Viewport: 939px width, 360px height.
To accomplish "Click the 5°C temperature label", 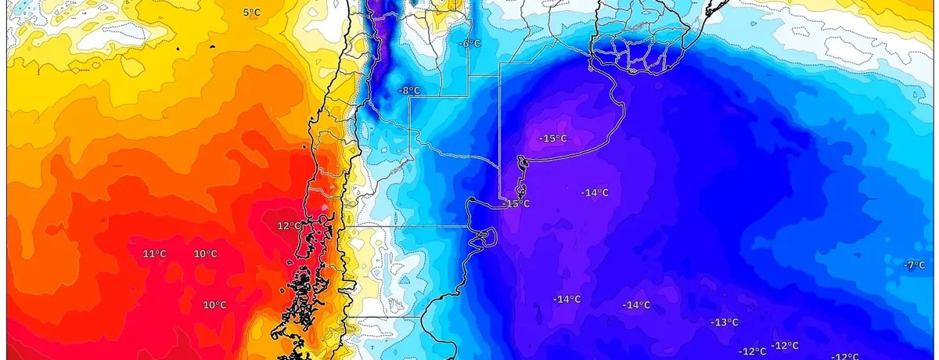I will point(251,13).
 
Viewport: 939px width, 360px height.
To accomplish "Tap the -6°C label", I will point(470,44).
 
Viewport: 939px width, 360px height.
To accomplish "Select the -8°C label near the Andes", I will point(408,91).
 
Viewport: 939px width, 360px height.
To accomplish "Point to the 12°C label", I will point(289,226).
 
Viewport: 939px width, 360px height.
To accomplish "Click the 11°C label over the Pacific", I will point(154,254).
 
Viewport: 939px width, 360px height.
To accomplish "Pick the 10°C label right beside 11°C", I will point(206,254).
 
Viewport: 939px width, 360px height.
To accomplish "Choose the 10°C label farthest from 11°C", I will point(215,305).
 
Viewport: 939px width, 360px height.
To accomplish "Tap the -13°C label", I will point(725,322).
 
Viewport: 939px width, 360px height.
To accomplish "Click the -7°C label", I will point(914,265).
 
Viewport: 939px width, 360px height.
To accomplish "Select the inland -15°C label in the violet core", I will point(552,139).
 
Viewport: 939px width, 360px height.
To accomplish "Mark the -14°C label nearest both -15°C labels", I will point(595,193).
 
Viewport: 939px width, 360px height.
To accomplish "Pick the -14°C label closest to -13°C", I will point(635,305).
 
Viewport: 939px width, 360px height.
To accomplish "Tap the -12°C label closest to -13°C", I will point(753,351).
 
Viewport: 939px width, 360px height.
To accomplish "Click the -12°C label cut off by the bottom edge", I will point(845,357).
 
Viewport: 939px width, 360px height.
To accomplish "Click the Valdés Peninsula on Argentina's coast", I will point(486,235).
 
